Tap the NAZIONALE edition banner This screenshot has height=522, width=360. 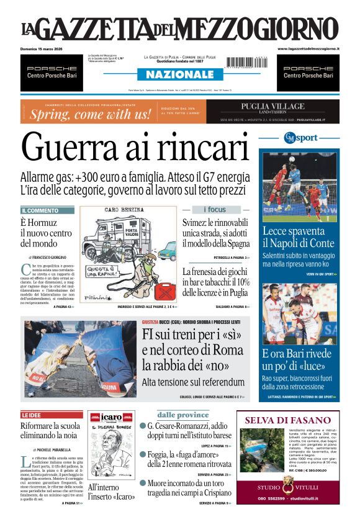point(179,74)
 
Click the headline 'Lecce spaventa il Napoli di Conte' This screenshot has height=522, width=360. point(299,238)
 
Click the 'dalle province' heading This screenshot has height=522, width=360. point(182,415)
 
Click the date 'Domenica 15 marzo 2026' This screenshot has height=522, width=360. point(44,48)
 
